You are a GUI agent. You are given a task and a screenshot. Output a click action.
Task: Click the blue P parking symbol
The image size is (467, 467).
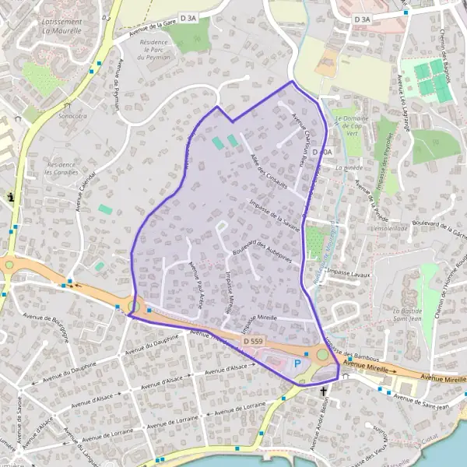(x=296, y=363)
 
